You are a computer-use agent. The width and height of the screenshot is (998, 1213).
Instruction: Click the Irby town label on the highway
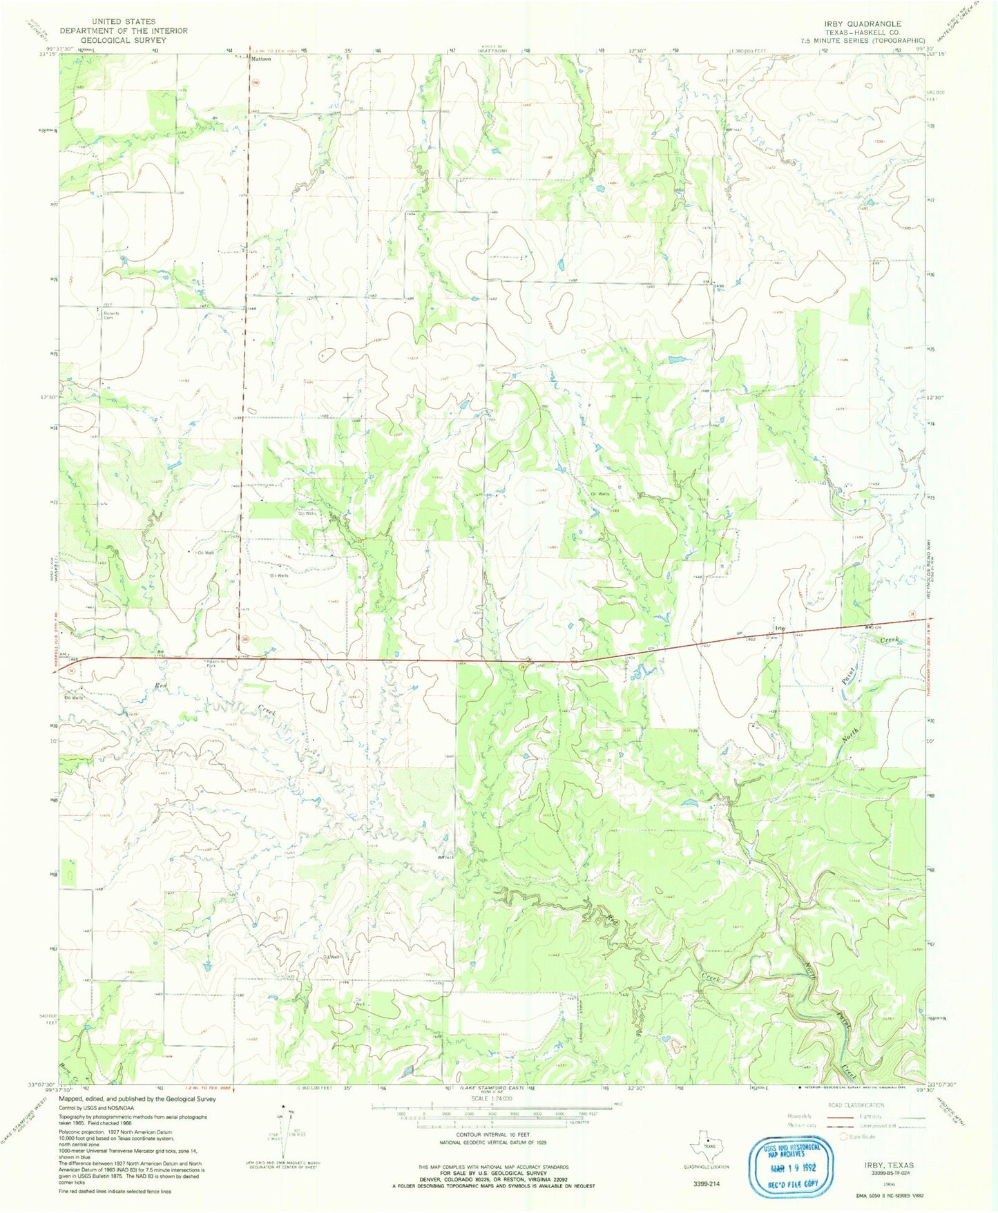pyautogui.click(x=780, y=627)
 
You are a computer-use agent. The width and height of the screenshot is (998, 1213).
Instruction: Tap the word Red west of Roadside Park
pyautogui.click(x=161, y=685)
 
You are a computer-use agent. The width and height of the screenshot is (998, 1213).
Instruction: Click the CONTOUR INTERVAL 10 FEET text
pyautogui.click(x=491, y=1135)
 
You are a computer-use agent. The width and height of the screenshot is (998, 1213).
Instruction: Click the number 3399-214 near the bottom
pyautogui.click(x=705, y=1183)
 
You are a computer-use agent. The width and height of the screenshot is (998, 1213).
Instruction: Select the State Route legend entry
pyautogui.click(x=858, y=1136)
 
